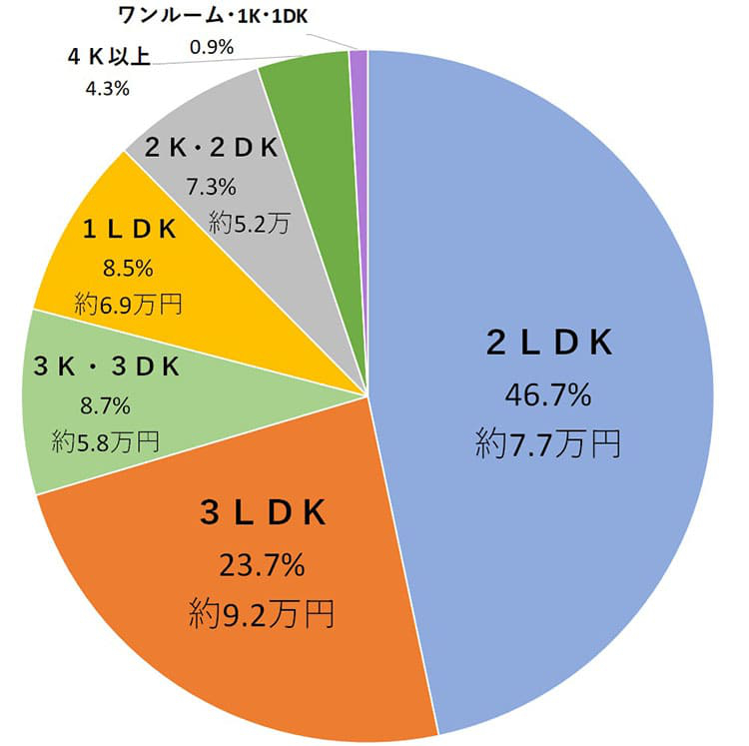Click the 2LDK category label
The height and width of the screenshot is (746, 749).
tap(548, 344)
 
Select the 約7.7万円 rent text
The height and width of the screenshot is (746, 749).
tap(548, 442)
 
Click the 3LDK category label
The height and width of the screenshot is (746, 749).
tap(263, 513)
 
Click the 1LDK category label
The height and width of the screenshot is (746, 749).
tap(130, 230)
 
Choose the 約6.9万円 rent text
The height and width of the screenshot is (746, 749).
tap(129, 303)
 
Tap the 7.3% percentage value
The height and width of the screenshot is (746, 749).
tap(211, 187)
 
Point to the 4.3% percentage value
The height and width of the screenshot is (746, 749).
tap(103, 88)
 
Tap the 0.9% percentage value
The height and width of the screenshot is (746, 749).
tap(211, 45)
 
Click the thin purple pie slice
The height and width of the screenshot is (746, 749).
tap(359, 63)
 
